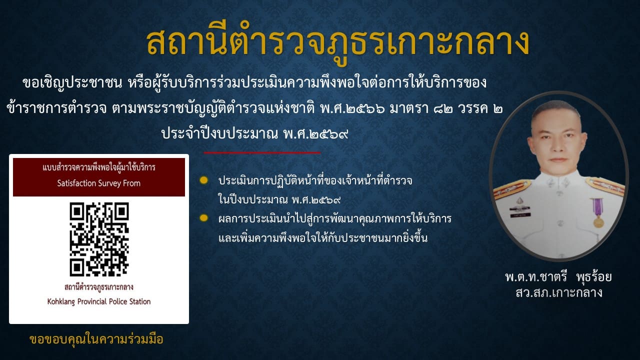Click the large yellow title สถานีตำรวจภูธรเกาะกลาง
point(337,43)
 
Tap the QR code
point(99,239)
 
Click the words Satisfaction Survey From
point(99,183)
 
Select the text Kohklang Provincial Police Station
point(99,301)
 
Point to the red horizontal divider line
point(262,153)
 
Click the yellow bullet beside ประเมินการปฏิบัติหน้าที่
point(203,180)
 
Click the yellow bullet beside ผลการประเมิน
point(203,218)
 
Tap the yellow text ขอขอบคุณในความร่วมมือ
point(96,339)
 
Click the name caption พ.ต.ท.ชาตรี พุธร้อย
point(558,277)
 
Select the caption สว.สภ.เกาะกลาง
point(559,292)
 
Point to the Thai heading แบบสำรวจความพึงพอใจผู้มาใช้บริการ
point(99,167)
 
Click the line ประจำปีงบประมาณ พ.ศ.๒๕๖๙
point(255,133)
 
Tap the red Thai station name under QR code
point(99,287)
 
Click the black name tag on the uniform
point(520,215)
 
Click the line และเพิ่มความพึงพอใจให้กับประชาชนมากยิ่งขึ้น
point(323,238)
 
